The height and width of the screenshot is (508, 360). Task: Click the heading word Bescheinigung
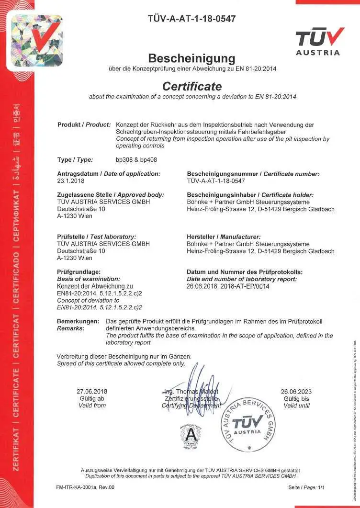click(191, 58)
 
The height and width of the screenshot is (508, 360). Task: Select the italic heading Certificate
click(192, 87)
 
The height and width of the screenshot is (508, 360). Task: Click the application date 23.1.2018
click(70, 181)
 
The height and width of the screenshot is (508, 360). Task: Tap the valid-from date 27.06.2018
click(92, 391)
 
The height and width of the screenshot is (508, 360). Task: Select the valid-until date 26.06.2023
click(296, 391)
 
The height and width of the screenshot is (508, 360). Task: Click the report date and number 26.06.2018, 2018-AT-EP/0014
click(228, 286)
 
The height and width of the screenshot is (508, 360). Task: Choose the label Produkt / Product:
click(84, 125)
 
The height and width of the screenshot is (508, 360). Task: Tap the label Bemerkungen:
click(78, 321)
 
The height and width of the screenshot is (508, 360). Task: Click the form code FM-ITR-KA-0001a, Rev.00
click(85, 487)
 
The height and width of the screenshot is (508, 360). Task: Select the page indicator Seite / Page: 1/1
click(306, 487)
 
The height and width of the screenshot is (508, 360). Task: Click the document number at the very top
click(192, 19)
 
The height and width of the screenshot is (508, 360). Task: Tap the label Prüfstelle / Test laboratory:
click(96, 237)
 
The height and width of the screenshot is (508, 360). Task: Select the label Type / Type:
click(75, 160)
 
